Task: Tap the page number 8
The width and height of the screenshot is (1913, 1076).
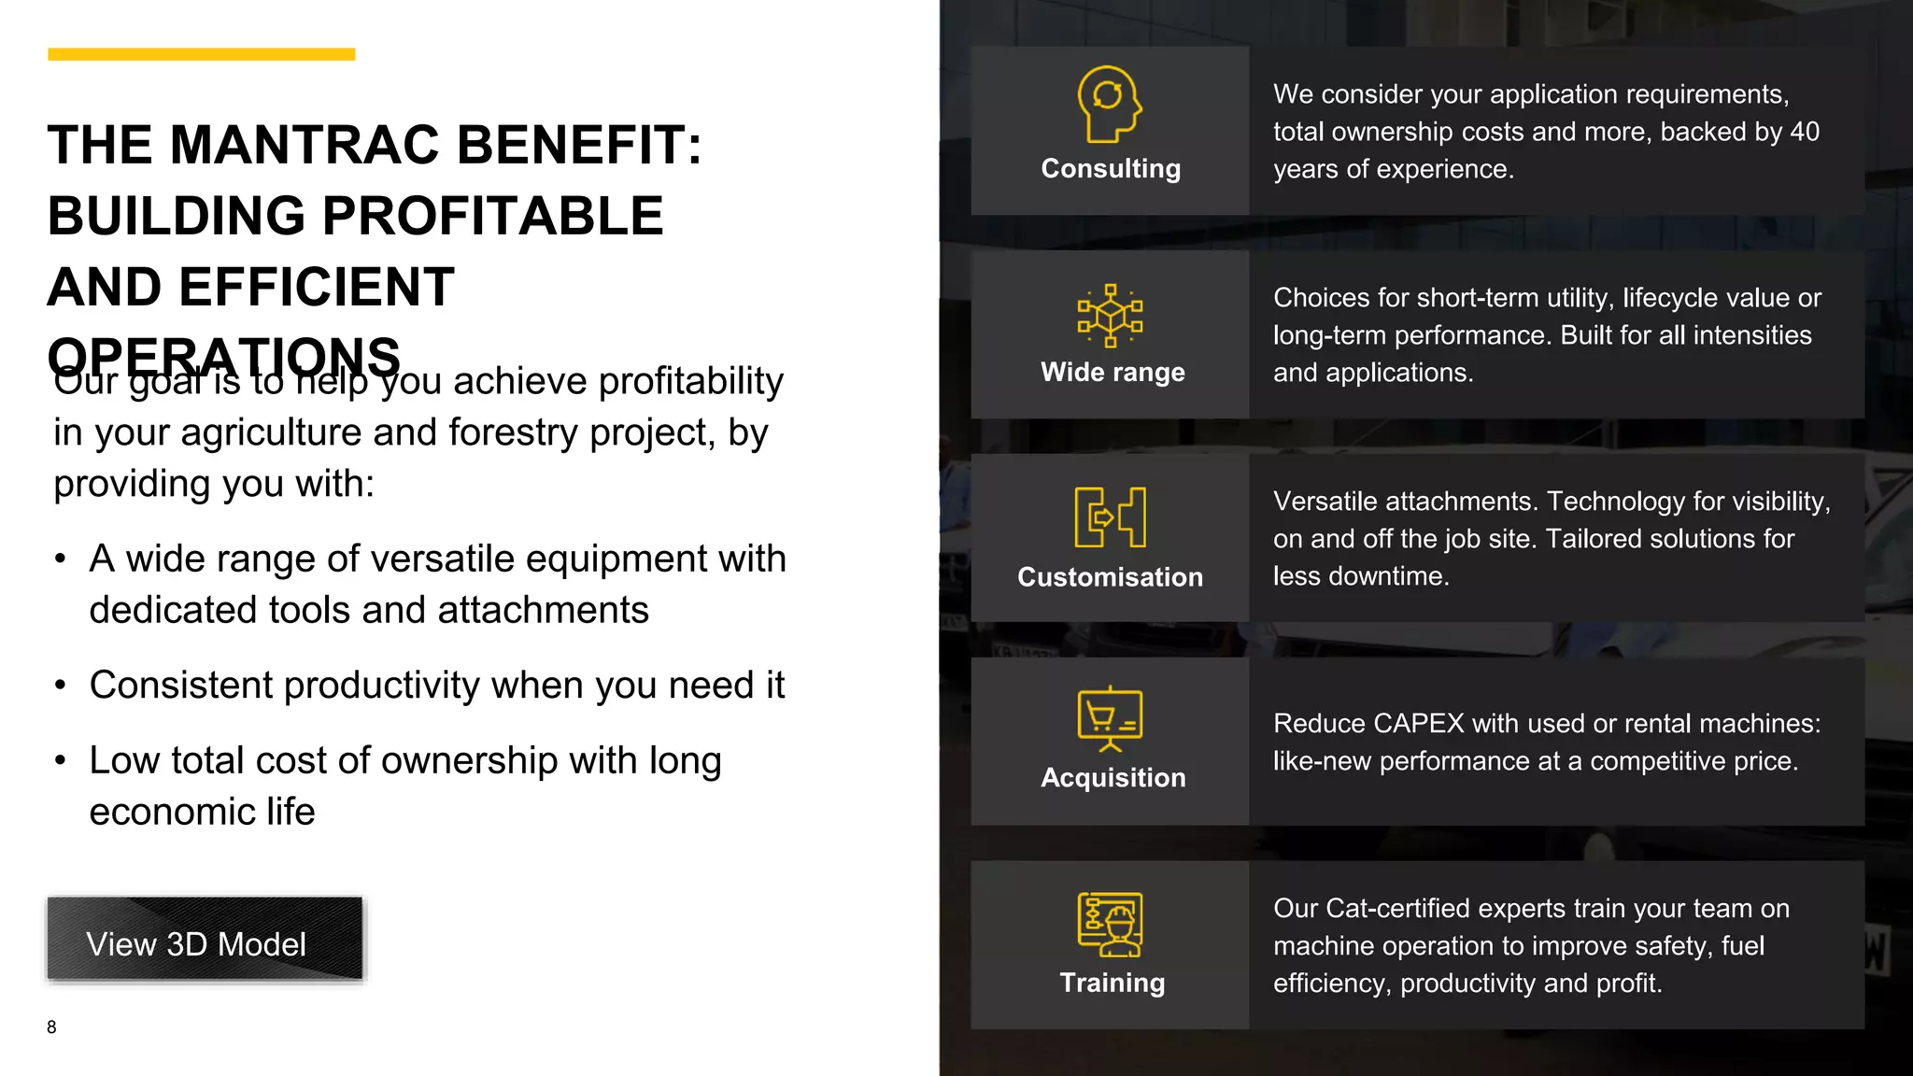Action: point(51,1027)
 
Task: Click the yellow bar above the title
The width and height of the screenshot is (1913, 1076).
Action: point(201,54)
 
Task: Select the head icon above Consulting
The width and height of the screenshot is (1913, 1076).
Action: point(1110,104)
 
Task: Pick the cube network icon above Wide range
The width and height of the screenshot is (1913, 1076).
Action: point(1110,316)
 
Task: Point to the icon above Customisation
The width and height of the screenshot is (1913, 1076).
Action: point(1110,517)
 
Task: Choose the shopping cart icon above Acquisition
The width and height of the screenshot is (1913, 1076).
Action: point(1110,718)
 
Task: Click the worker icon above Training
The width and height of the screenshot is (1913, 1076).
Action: point(1110,924)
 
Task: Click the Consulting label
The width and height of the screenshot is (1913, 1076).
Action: point(1111,169)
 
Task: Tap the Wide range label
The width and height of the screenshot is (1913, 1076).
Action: point(1112,372)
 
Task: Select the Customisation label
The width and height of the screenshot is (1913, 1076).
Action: point(1110,577)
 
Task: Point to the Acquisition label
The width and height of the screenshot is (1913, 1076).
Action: point(1112,778)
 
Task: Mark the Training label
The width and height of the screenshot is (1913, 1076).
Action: point(1112,983)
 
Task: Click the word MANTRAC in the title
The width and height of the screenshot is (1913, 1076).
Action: point(304,146)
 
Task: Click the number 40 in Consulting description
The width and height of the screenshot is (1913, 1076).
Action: point(1804,132)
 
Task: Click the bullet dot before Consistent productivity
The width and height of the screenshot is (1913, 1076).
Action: point(61,687)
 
